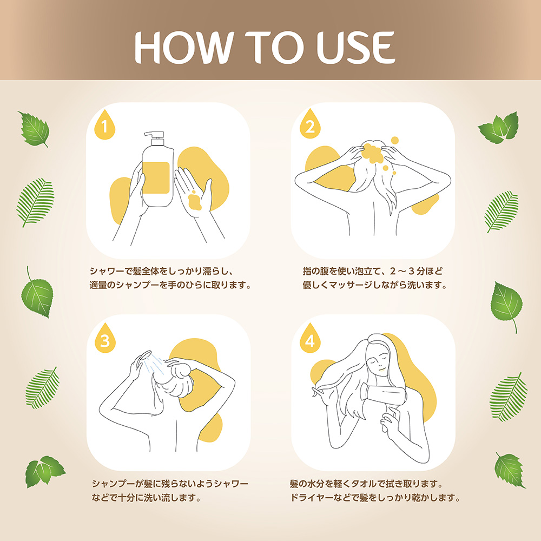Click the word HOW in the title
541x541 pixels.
182,47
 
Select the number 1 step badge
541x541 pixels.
104,125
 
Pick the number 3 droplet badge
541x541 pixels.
105,338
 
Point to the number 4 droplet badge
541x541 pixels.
310,338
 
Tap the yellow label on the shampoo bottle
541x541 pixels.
156,177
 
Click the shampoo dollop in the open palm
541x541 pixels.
195,201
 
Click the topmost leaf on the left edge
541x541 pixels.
34,129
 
